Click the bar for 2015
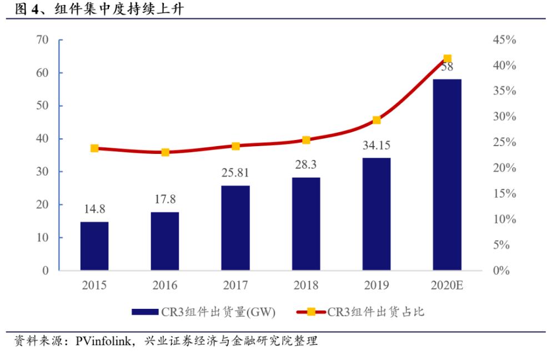(94, 246)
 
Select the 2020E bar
(447, 174)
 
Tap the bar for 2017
(235, 228)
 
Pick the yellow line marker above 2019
(377, 120)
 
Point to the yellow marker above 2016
(165, 152)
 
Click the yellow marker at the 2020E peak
(447, 59)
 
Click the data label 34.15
(377, 146)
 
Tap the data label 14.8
(94, 210)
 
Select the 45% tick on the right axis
(504, 40)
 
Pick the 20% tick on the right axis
(504, 168)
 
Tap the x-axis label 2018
(306, 286)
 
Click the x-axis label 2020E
(447, 286)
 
